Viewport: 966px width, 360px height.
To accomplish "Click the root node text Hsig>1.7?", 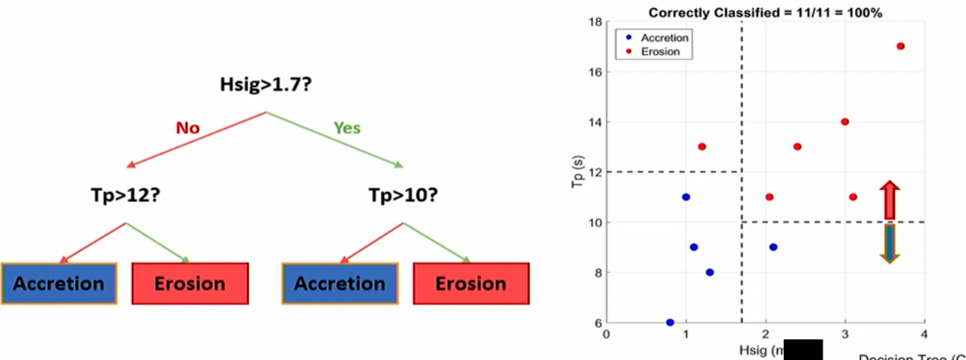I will coord(265,85).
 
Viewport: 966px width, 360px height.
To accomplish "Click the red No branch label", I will coord(187,128).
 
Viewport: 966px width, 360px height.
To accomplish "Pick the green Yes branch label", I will coord(347,128).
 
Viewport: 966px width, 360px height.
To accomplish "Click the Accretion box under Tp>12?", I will coord(58,283).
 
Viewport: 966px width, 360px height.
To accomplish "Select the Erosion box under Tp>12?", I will coord(190,283).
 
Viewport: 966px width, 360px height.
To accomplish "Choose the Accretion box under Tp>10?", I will coord(340,283).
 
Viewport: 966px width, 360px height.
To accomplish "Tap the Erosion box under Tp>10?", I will coord(471,283).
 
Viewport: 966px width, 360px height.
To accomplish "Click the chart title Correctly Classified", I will coord(765,13).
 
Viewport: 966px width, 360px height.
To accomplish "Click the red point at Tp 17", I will coord(900,46).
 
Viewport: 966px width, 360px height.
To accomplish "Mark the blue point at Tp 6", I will coord(670,322).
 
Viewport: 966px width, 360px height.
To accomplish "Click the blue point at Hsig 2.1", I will coord(773,247).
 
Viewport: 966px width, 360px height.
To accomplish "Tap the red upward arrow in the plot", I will coord(889,200).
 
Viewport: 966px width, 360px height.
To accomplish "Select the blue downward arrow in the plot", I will coord(889,243).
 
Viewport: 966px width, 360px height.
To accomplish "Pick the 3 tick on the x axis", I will coord(844,334).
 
